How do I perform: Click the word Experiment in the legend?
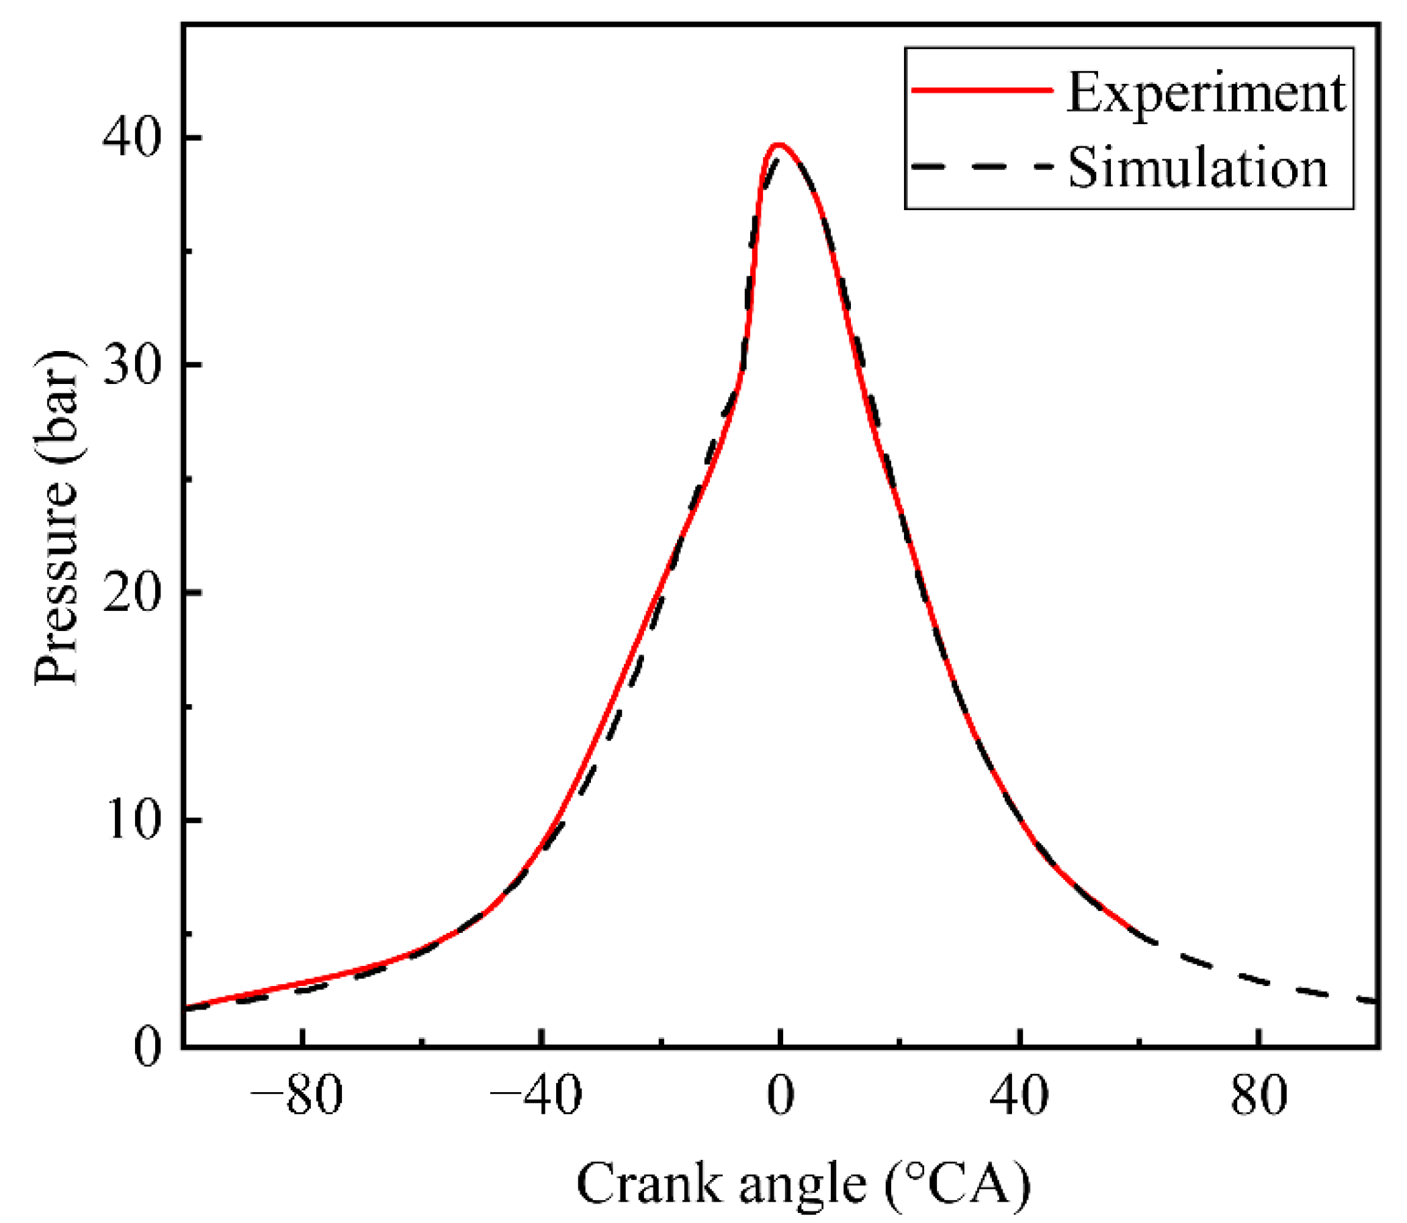click(x=1206, y=93)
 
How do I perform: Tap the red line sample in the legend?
click(x=982, y=89)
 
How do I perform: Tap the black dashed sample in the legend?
click(x=982, y=166)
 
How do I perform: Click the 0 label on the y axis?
click(x=148, y=1048)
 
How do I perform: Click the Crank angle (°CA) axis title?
click(x=803, y=1183)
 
